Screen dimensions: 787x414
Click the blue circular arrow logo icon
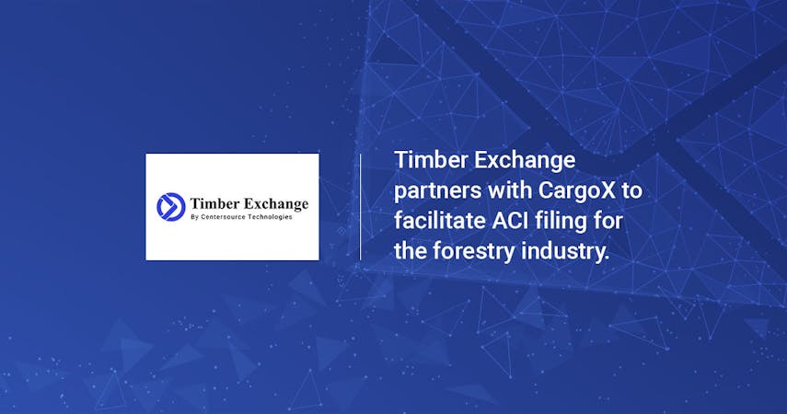171,207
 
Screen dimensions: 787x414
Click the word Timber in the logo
214,203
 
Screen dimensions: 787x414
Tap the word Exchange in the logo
276,204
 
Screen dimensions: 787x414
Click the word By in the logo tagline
195,217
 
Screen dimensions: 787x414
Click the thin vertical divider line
361,207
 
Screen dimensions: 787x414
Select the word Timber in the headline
431,161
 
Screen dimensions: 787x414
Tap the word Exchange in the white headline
525,162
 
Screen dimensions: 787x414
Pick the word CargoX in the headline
577,191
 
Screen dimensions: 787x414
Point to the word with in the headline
509,190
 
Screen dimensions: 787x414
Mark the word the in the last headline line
411,251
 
